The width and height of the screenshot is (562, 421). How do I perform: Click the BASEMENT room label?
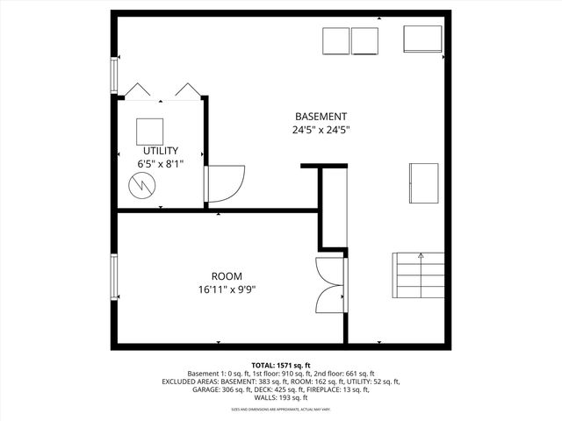point(321,117)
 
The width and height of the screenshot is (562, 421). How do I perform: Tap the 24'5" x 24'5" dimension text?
point(321,130)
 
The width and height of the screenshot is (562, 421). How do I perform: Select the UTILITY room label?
point(161,151)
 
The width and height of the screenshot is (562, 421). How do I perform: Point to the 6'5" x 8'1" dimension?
point(161,164)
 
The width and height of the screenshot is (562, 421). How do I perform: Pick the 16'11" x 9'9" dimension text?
point(227,289)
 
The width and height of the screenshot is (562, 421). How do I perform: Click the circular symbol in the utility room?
point(140,185)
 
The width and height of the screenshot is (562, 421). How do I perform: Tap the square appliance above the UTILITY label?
point(149,131)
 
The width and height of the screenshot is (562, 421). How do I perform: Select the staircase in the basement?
point(421,275)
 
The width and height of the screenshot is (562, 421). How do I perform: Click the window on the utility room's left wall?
point(113,75)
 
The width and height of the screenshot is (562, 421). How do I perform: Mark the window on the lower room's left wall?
point(113,276)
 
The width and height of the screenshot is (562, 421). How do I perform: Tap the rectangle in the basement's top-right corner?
point(422,39)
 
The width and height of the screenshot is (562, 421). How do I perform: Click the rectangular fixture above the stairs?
point(423,182)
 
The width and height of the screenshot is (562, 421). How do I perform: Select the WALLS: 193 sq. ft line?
point(281,399)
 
